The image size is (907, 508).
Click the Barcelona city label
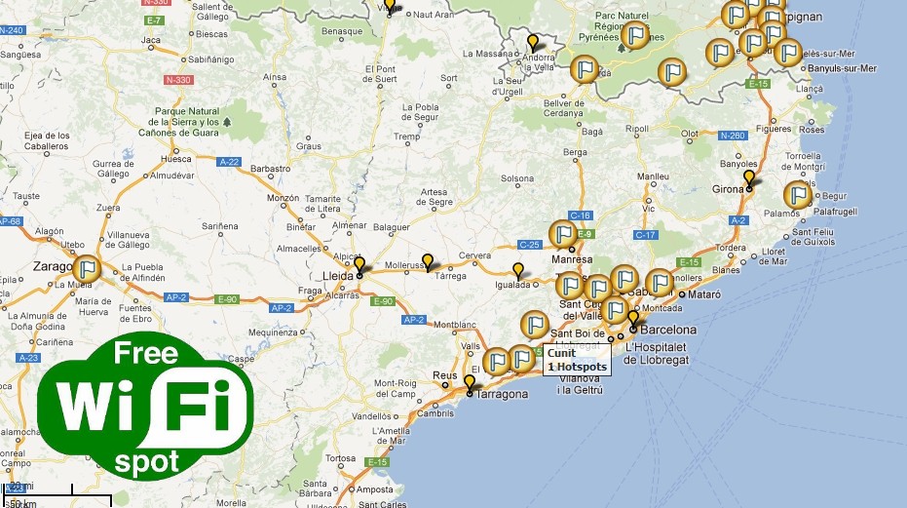669,330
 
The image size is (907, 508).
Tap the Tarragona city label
503,394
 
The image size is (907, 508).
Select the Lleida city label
337,276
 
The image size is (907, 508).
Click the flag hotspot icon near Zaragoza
88,268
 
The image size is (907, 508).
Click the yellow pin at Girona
748,178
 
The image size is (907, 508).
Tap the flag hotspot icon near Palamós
798,195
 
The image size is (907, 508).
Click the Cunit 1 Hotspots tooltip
578,361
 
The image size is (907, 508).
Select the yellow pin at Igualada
518,270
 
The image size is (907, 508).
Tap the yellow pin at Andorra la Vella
532,42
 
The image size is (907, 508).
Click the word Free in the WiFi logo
146,353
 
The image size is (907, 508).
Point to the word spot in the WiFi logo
147,460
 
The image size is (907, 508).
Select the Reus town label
445,375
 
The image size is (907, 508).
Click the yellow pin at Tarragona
469,382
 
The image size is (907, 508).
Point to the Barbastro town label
270,168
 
